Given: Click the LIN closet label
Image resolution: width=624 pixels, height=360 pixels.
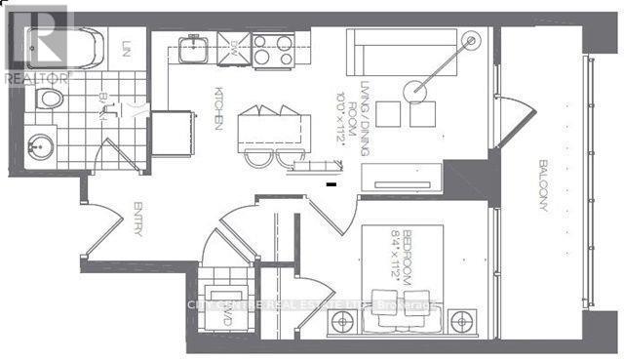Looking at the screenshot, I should coord(127,47).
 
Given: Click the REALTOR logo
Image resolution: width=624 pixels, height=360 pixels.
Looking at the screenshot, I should coord(36,40).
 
